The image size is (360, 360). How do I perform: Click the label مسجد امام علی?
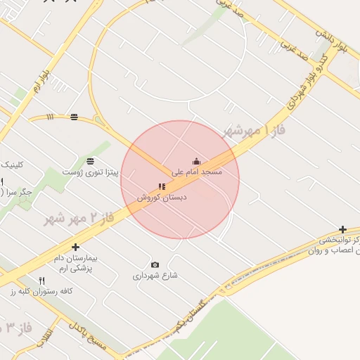pyautogui.click(x=197, y=172)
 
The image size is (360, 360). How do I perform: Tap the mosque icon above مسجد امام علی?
pyautogui.click(x=196, y=162)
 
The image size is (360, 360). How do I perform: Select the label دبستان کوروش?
pyautogui.click(x=162, y=198)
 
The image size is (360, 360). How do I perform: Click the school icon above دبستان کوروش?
pyautogui.click(x=162, y=187)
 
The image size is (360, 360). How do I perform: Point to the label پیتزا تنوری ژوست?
pyautogui.click(x=90, y=172)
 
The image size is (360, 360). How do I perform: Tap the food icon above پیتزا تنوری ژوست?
pyautogui.click(x=91, y=162)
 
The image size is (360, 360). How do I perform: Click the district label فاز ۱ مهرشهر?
pyautogui.click(x=247, y=131)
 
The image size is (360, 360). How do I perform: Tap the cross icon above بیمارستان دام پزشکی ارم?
pyautogui.click(x=75, y=247)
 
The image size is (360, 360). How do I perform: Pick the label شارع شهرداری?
pyautogui.click(x=155, y=276)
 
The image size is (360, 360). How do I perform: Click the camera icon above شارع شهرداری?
pyautogui.click(x=155, y=265)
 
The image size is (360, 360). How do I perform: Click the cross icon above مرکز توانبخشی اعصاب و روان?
pyautogui.click(x=342, y=229)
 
